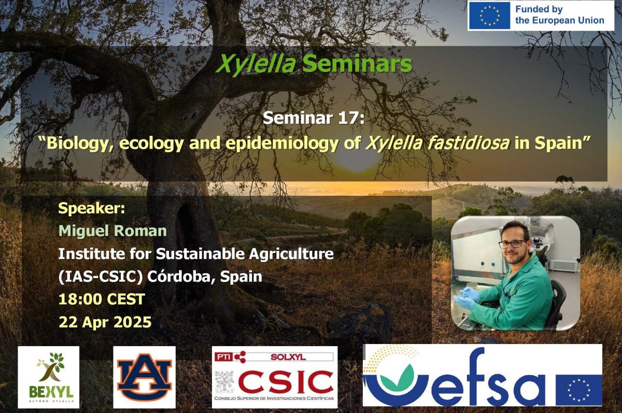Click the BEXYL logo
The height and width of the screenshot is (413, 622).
coord(49,377)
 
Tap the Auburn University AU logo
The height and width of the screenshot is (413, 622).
coord(145,377)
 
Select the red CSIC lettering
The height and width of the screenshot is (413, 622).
coord(286,382)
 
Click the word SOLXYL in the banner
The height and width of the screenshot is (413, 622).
coord(288,357)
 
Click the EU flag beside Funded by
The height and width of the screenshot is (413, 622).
coord(489,15)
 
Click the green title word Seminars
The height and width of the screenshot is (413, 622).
coord(357,64)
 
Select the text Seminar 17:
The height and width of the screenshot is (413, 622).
coord(314,118)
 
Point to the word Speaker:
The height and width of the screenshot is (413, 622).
coord(92,208)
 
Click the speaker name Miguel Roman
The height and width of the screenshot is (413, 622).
coord(113,231)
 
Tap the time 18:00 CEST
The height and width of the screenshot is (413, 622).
coord(102,299)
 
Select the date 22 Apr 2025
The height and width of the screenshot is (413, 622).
coord(105,322)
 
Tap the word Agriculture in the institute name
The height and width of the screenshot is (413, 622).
coord(291,254)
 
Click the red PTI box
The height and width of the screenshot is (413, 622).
coord(224,357)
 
